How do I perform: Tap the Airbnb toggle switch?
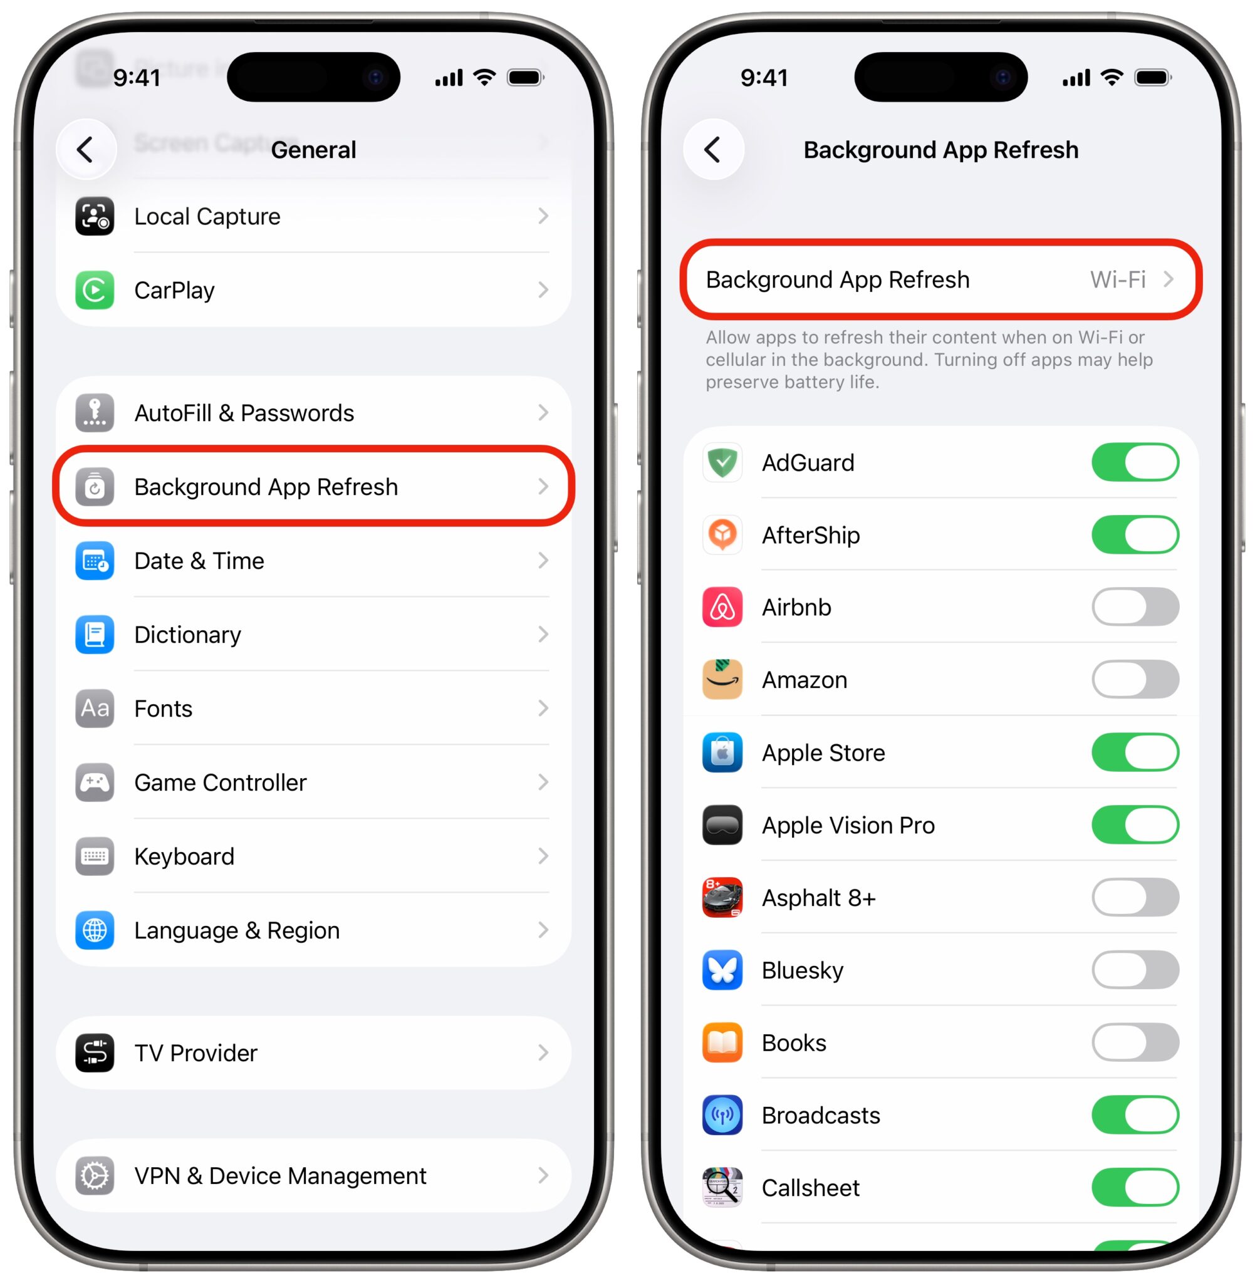[x=1134, y=607]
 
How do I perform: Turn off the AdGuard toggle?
[x=1134, y=462]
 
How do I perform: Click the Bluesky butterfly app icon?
[x=722, y=970]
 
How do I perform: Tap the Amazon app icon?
[x=722, y=679]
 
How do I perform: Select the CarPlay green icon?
[x=94, y=290]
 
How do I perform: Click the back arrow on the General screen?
[x=86, y=150]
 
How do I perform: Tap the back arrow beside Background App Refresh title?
[x=712, y=150]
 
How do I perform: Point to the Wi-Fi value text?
[x=1117, y=279]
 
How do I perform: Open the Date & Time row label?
[x=199, y=561]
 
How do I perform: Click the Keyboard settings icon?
[x=94, y=856]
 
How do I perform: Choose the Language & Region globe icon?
[x=94, y=930]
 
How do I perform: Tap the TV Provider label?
[x=195, y=1052]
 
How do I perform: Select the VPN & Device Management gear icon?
[x=94, y=1176]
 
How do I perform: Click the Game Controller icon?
[x=94, y=782]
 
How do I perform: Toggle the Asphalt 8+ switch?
[x=1134, y=898]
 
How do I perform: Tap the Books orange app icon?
[x=722, y=1042]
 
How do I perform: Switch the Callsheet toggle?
[x=1134, y=1187]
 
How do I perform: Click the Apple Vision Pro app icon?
[x=722, y=825]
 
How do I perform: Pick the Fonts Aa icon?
[x=94, y=709]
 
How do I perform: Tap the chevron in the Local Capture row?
[x=543, y=216]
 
